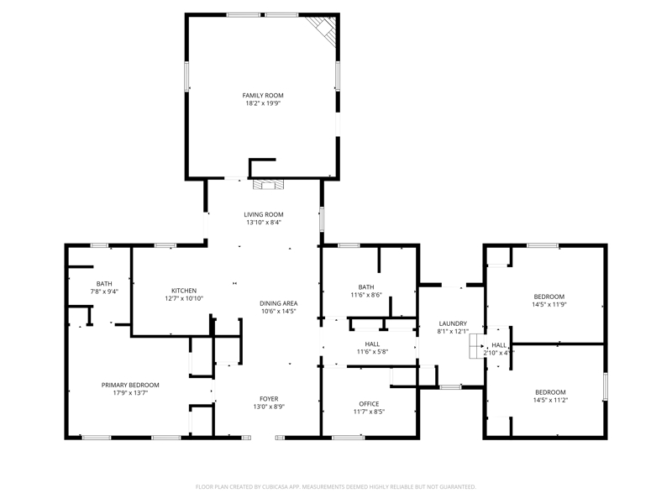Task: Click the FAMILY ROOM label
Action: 263,96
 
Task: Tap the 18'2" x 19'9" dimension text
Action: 263,103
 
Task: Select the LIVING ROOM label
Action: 264,215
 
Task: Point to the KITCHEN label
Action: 184,291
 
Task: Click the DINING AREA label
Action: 279,303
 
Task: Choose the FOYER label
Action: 269,399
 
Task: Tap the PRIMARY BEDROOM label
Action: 130,385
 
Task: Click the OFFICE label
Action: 369,404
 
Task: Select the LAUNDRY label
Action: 453,323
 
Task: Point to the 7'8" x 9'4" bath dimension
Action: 104,291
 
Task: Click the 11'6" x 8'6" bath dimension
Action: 366,295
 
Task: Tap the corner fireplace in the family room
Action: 324,29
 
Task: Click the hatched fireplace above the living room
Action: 268,184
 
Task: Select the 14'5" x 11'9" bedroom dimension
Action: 549,304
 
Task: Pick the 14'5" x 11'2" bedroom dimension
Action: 550,401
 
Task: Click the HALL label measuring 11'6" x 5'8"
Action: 372,344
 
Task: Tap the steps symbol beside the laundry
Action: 477,346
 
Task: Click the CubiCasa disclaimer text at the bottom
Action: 335,487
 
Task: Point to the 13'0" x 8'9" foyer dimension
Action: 269,407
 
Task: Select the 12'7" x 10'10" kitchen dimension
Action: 184,298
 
